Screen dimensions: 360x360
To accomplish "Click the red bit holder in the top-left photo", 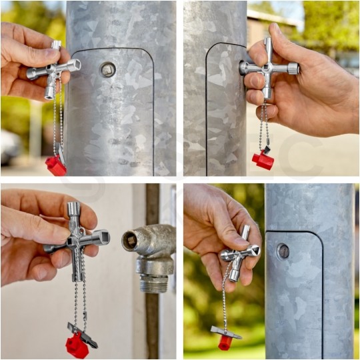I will tap(56, 165).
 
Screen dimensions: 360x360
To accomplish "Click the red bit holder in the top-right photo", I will tap(263, 159).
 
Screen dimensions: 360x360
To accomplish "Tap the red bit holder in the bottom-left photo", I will tap(77, 346).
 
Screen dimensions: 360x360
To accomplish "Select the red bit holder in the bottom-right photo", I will tap(225, 342).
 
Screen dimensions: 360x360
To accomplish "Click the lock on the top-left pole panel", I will tap(107, 69).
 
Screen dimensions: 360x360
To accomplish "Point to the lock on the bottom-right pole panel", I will tap(283, 251).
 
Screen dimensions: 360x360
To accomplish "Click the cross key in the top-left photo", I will tap(53, 69).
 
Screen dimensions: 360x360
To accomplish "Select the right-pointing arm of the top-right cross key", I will tap(290, 68).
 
